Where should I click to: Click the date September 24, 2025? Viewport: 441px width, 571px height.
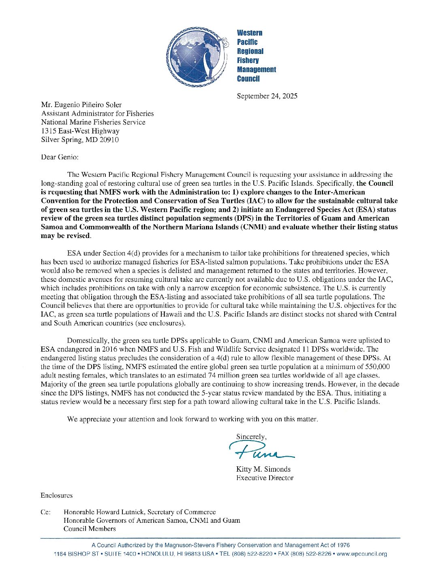click(x=267, y=96)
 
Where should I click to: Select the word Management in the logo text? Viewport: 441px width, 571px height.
click(x=256, y=70)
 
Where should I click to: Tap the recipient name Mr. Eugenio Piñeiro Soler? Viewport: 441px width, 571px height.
click(x=81, y=105)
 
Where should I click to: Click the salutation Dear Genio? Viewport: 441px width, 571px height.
click(x=60, y=157)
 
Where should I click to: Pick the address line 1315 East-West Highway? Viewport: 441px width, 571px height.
click(x=80, y=131)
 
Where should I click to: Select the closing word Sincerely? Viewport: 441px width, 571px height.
click(x=251, y=437)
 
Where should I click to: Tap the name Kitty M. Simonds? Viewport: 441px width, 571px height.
click(x=263, y=469)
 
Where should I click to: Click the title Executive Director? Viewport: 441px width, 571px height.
click(x=265, y=478)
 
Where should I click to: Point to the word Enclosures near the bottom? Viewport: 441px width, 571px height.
click(x=56, y=495)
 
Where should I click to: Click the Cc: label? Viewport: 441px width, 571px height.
click(x=45, y=512)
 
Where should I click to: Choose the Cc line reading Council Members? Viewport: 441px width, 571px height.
click(x=90, y=529)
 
